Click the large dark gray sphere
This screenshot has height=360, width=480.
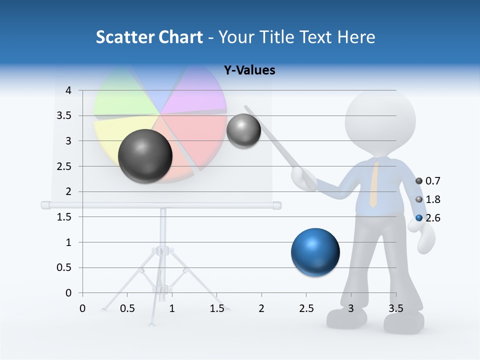(145, 156)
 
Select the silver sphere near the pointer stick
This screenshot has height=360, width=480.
(243, 130)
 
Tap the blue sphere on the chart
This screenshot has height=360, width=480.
(315, 252)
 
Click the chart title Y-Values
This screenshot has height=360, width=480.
(249, 70)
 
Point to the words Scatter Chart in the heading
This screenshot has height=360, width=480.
(149, 37)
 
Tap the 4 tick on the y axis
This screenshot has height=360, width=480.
(68, 90)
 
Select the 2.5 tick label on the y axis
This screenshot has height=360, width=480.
(65, 166)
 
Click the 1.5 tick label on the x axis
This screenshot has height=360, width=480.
(216, 309)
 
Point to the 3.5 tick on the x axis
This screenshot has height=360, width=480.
(395, 309)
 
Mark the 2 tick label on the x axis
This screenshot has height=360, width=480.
(261, 309)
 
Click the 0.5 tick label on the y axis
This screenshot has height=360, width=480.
(65, 268)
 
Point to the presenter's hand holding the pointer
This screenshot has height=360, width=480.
(302, 177)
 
